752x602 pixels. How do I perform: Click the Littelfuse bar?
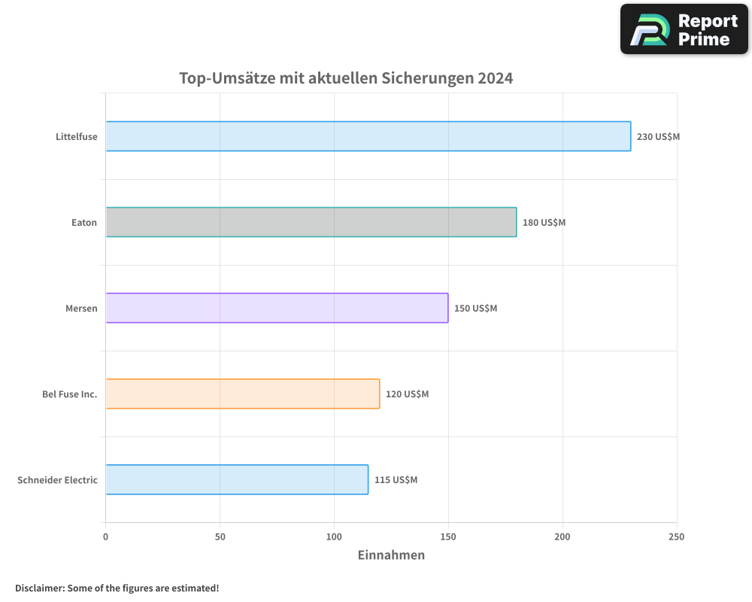pyautogui.click(x=368, y=136)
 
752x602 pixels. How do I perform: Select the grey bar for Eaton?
pyautogui.click(x=311, y=222)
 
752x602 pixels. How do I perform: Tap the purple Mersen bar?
pyautogui.click(x=277, y=308)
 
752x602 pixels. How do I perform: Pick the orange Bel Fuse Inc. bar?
pyautogui.click(x=242, y=394)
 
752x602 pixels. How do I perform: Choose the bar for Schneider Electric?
pyautogui.click(x=237, y=479)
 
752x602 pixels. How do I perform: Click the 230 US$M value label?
pyautogui.click(x=658, y=137)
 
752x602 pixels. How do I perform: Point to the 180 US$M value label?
pyautogui.click(x=544, y=223)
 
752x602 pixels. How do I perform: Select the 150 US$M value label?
pyautogui.click(x=475, y=309)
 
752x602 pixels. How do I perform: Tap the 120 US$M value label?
pyautogui.click(x=407, y=394)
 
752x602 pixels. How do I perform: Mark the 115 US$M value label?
pyautogui.click(x=396, y=480)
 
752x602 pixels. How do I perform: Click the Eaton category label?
pyautogui.click(x=83, y=223)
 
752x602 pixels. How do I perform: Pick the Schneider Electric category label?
pyautogui.click(x=57, y=480)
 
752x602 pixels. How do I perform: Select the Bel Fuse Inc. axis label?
pyautogui.click(x=70, y=394)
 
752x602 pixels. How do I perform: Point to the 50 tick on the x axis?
pyautogui.click(x=220, y=537)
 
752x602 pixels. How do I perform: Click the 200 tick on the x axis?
pyautogui.click(x=562, y=537)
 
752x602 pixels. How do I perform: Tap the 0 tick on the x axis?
pyautogui.click(x=105, y=537)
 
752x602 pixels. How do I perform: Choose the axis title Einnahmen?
pyautogui.click(x=391, y=555)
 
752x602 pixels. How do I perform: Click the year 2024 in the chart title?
pyautogui.click(x=495, y=78)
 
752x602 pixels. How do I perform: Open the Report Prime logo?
pyautogui.click(x=684, y=29)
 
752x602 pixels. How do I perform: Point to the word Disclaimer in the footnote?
pyautogui.click(x=39, y=588)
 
